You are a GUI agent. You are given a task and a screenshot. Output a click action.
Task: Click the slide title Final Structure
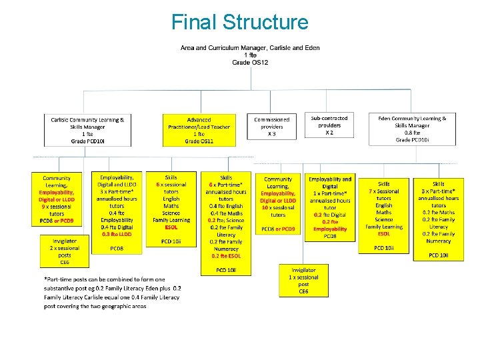(x=240, y=22)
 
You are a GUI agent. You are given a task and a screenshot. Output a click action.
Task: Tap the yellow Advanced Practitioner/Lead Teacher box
(x=199, y=129)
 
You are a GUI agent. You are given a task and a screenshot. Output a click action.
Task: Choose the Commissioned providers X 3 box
(x=271, y=127)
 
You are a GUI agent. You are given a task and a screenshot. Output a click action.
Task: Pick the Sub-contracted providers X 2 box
(x=329, y=125)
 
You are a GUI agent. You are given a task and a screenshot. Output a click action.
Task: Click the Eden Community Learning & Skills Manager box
(x=412, y=129)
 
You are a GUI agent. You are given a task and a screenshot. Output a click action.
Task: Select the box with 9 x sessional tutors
(x=57, y=199)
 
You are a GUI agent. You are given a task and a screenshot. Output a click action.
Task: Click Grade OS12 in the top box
(x=250, y=62)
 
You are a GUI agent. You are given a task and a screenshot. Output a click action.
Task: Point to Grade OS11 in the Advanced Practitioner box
(x=199, y=141)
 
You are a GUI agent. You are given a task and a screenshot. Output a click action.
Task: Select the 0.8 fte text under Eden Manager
(x=412, y=133)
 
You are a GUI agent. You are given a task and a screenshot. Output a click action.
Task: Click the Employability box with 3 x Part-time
(x=117, y=213)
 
